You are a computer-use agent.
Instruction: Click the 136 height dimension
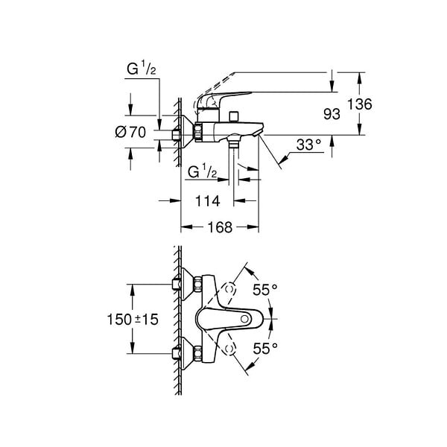point(360,104)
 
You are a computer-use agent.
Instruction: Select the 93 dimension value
point(332,114)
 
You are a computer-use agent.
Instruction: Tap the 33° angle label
point(308,145)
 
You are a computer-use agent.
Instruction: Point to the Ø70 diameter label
point(130,132)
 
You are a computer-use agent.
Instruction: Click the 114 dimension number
point(208,201)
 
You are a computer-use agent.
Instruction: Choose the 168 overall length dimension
point(220,227)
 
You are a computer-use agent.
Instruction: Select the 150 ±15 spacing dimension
point(133,320)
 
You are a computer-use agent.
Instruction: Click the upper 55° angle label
point(265,290)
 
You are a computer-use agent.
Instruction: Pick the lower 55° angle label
point(265,348)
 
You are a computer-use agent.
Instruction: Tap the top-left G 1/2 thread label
point(142,69)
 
